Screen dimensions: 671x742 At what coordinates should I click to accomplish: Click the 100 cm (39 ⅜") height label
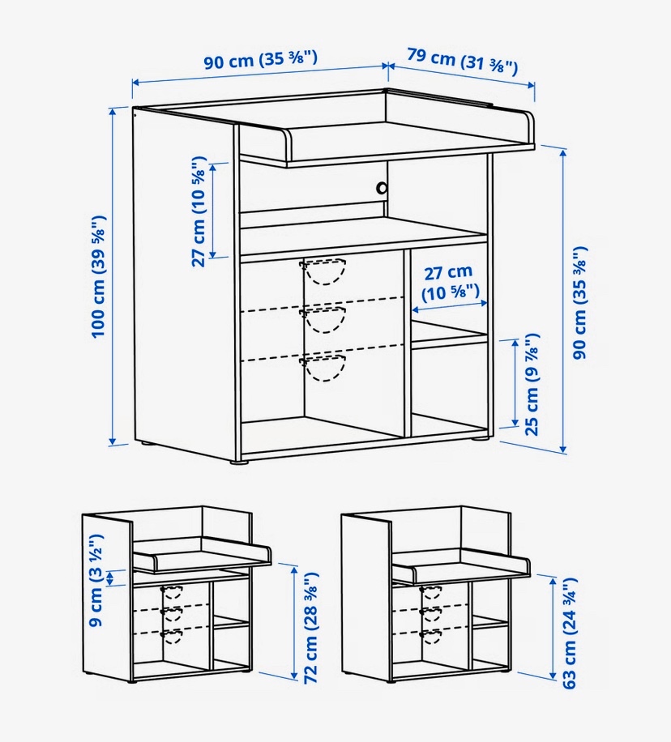(99, 276)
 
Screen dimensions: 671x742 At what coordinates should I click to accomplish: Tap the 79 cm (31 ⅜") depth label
(462, 61)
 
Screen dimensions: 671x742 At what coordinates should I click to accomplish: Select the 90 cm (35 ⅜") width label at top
(260, 60)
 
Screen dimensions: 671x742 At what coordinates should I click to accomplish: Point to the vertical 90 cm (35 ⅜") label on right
(579, 302)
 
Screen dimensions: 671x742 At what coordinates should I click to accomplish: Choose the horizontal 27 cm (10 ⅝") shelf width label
(450, 283)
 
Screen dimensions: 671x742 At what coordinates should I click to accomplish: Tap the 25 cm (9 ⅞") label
(532, 384)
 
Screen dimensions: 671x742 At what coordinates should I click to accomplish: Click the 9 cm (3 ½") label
(96, 580)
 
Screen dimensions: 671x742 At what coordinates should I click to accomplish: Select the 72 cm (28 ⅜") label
(311, 628)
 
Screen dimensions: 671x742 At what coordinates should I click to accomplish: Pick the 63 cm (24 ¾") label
(570, 633)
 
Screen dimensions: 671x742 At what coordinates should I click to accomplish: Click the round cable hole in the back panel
(382, 188)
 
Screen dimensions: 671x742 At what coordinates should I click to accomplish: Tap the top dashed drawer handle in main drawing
(323, 271)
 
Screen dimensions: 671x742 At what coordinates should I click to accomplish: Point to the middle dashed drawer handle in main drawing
(323, 319)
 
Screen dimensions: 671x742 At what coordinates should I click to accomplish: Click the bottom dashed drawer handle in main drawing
(323, 368)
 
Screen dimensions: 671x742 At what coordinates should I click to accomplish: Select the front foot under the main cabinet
(240, 461)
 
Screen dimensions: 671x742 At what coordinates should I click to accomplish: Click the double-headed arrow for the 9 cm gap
(111, 578)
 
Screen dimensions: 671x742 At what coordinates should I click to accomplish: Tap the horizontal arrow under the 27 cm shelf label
(450, 306)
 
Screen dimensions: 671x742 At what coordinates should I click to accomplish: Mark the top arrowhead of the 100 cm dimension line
(113, 112)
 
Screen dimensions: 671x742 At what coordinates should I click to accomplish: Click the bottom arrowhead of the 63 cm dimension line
(553, 676)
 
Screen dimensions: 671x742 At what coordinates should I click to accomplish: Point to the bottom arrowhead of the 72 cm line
(294, 677)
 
